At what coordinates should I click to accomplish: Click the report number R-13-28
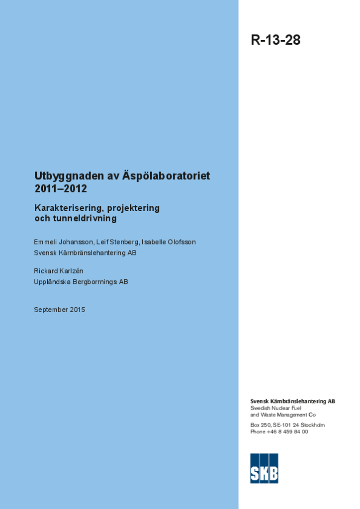point(275,40)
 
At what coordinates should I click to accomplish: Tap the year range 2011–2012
point(61,189)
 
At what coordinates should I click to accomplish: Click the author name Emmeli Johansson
point(63,242)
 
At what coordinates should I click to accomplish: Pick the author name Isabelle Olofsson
point(169,242)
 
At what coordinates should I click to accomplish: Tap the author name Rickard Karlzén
point(59,271)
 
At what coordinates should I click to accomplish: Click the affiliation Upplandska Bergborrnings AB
point(81,282)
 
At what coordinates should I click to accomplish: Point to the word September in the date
point(51,310)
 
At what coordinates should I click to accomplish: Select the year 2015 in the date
point(78,310)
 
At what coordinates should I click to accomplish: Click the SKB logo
point(264,468)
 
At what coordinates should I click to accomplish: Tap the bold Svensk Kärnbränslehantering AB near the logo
point(292,401)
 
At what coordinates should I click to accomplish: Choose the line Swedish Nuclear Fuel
point(275,408)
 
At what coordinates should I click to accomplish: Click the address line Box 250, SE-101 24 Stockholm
point(287,425)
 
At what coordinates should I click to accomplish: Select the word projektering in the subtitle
point(133,208)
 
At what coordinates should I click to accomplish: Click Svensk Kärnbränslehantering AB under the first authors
point(85,253)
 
